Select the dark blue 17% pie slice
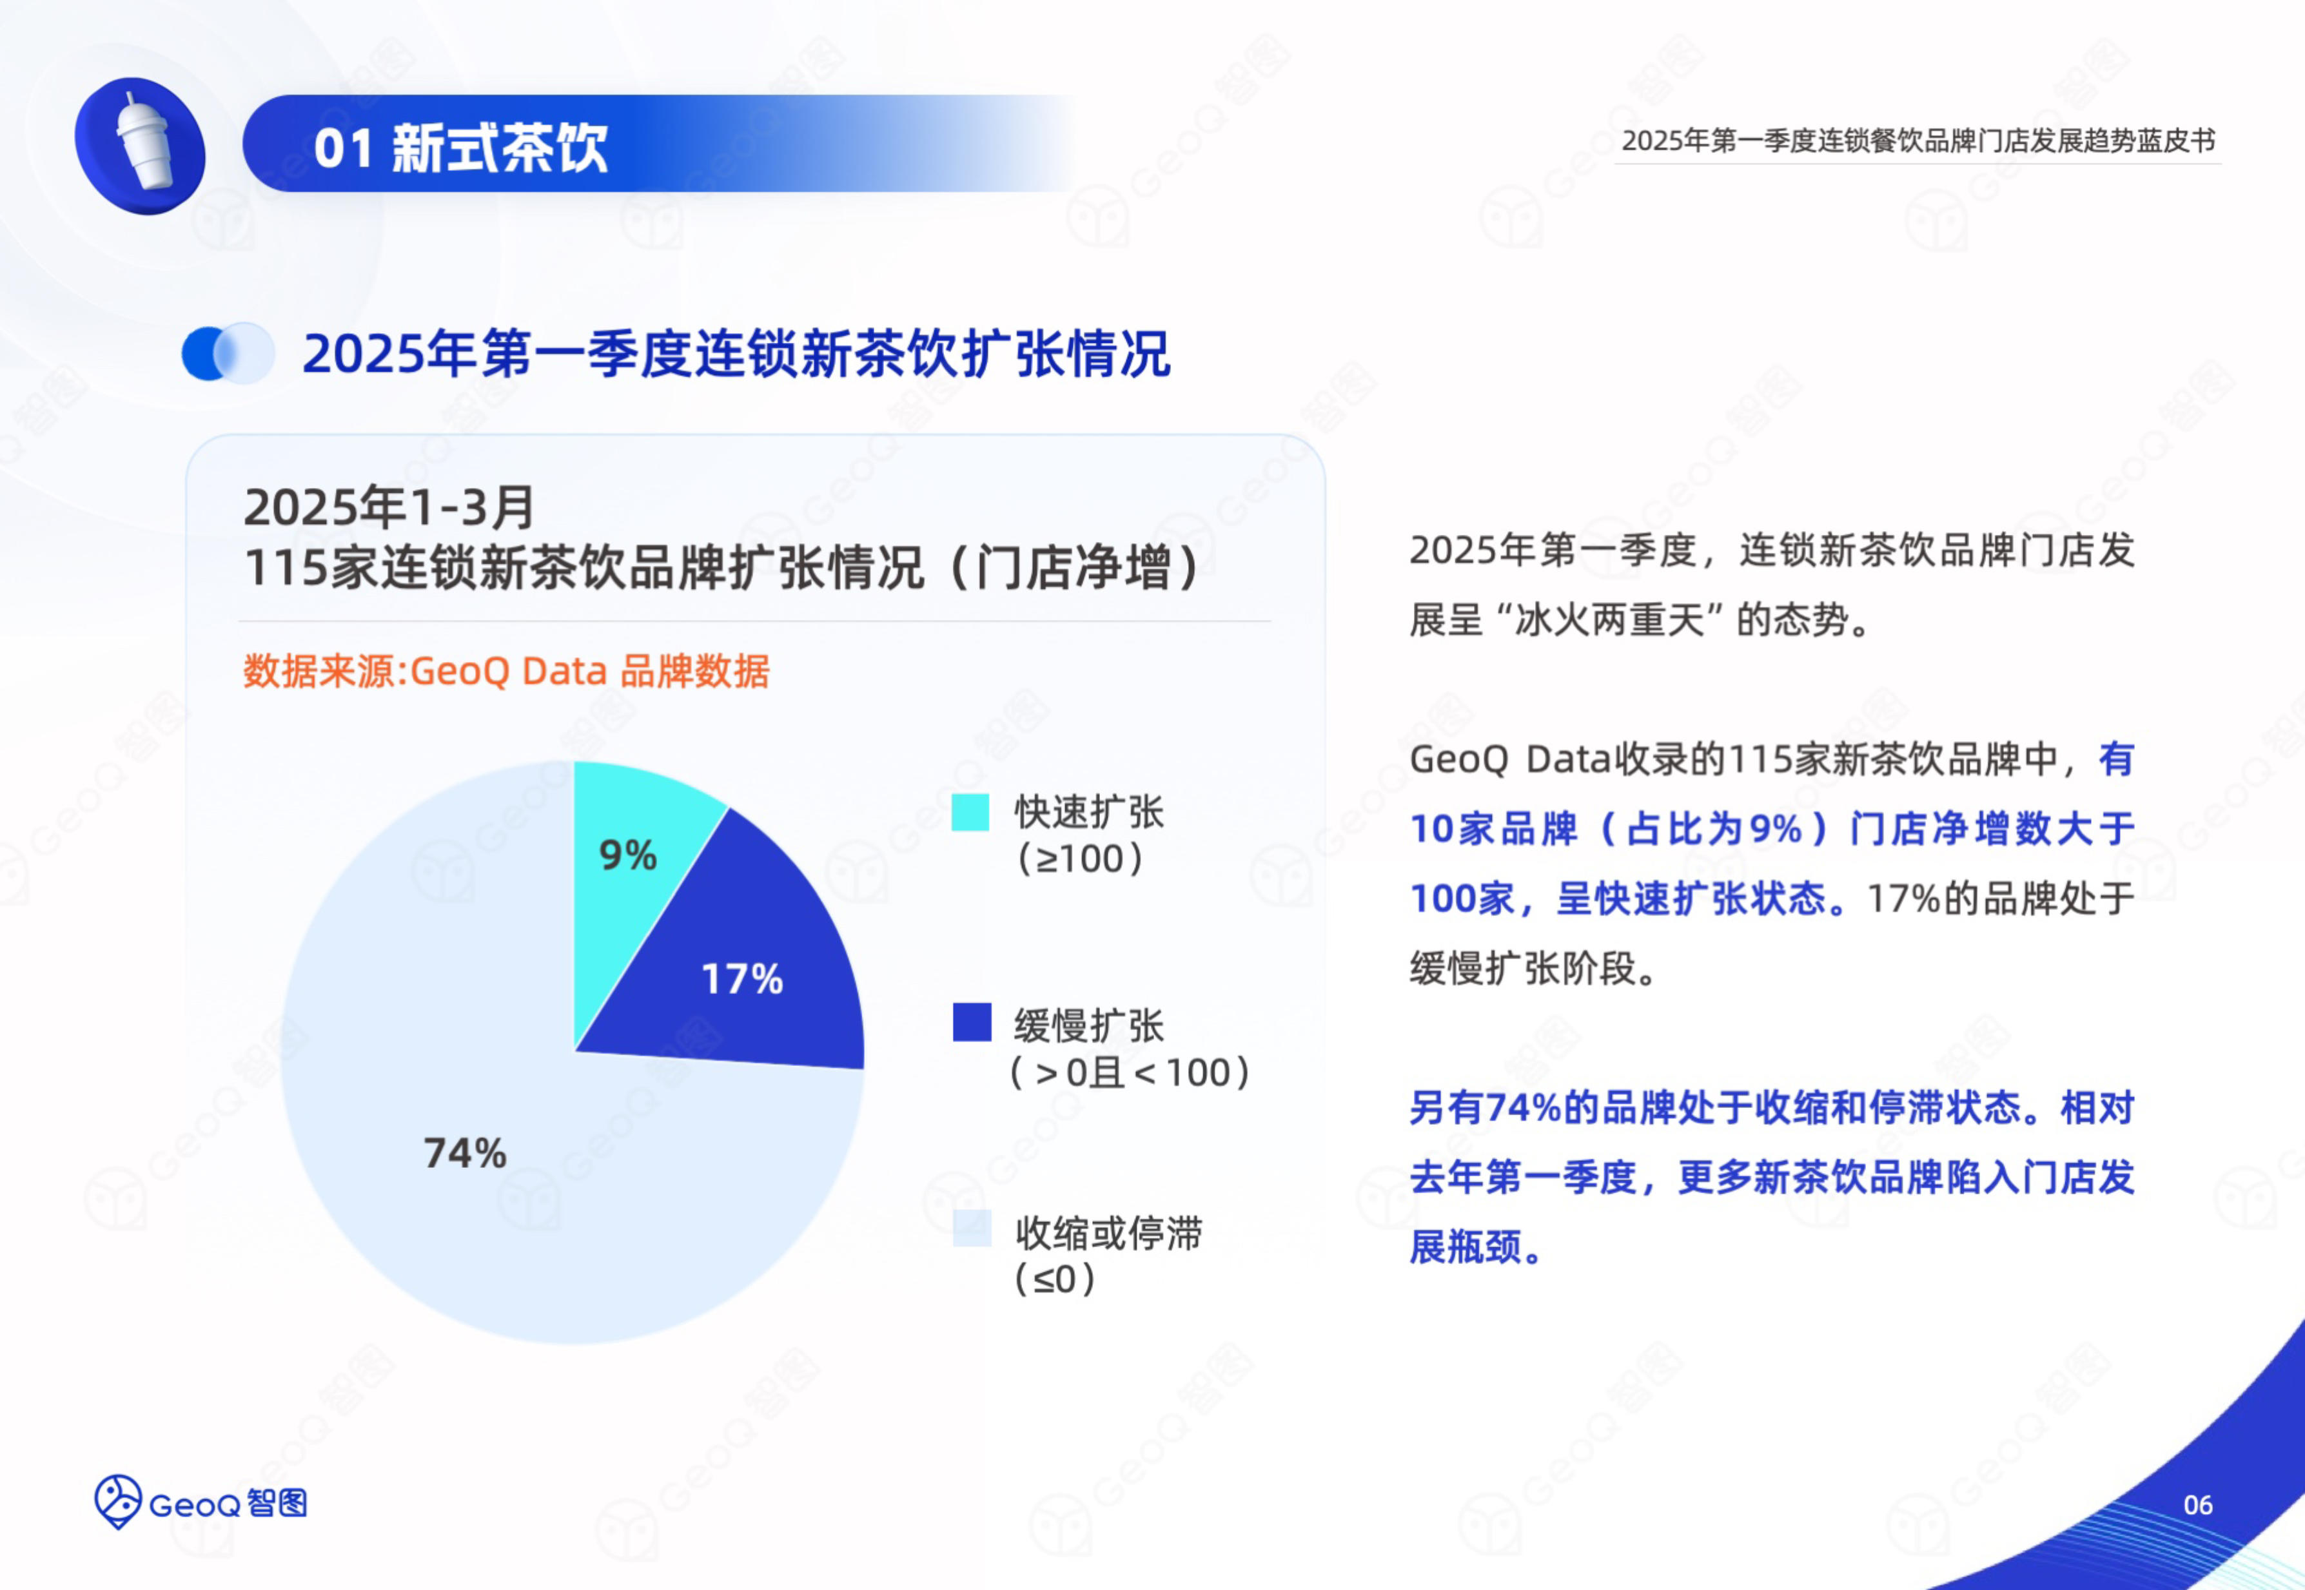point(758,966)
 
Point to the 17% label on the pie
point(742,978)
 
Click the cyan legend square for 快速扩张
point(970,812)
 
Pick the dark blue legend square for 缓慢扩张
point(972,1022)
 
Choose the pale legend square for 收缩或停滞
point(972,1228)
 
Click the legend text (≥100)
point(1079,858)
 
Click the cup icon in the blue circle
point(144,141)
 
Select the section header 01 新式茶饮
point(460,148)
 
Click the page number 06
point(2197,1504)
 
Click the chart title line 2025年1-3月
point(389,507)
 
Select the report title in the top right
point(1918,141)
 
